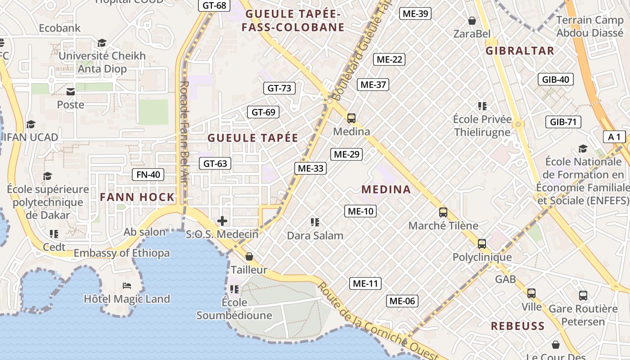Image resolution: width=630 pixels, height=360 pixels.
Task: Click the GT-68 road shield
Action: pos(214,5)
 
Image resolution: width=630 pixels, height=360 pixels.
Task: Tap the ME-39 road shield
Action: pos(415,13)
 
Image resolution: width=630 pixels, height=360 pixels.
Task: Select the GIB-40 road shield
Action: pos(556,80)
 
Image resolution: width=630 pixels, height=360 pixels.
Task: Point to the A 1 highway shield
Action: pos(614,137)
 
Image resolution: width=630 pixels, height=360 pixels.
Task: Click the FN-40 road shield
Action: pos(148,175)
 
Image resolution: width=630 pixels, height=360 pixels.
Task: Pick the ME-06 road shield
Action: pos(402,301)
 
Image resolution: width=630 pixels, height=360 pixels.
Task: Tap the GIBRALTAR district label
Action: pos(520,50)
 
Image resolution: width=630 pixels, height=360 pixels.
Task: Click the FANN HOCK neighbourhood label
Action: pos(137,197)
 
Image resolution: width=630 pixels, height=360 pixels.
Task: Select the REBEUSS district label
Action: pos(517,326)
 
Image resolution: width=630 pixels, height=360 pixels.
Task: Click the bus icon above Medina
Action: pos(351,118)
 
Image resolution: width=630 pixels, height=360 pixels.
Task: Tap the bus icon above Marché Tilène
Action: pos(443,212)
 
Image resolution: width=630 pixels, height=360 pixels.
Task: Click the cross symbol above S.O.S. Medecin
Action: pos(222,221)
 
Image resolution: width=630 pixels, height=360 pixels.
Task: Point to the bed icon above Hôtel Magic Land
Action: pos(127,286)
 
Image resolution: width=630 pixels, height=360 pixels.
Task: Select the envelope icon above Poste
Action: pos(71,92)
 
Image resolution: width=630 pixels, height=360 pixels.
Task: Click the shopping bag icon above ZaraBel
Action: pos(472,21)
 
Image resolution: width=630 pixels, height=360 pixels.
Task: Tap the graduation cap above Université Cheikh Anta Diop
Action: pos(102,43)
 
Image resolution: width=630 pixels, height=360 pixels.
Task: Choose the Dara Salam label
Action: pos(315,235)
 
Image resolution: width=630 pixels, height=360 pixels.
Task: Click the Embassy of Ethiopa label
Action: pos(121,253)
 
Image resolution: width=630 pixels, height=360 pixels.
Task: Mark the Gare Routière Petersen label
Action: pos(583,315)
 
